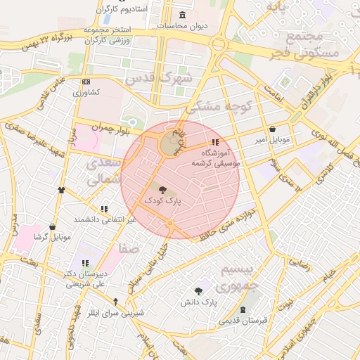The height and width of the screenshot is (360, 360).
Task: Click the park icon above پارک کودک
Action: click(x=162, y=189)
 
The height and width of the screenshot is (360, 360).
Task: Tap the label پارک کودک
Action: click(x=162, y=200)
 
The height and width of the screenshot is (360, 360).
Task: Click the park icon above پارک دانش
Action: click(x=200, y=290)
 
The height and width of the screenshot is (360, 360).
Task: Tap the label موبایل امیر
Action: click(x=272, y=141)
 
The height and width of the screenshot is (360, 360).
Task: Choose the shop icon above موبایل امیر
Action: click(x=272, y=129)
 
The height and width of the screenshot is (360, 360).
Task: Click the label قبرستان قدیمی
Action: click(x=243, y=321)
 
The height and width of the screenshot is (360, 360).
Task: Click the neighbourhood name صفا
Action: click(x=129, y=249)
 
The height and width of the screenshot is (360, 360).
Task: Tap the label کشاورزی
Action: click(x=86, y=92)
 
